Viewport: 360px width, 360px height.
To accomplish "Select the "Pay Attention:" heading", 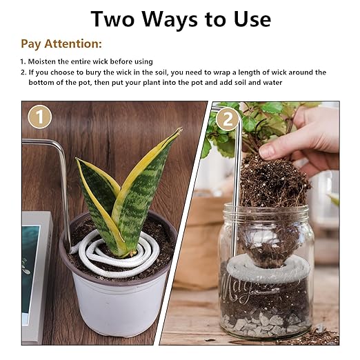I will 61,44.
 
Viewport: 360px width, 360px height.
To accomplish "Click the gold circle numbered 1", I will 39,117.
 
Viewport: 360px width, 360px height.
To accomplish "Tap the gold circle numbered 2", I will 227,119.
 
